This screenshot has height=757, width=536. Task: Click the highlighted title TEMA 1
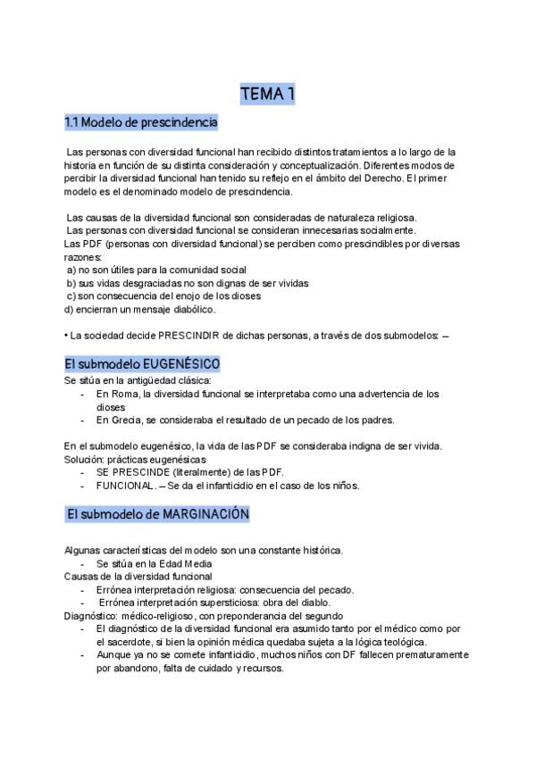point(268,94)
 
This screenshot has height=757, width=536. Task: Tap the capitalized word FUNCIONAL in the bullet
point(124,486)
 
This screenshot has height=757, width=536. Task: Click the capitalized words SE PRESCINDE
point(137,472)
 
